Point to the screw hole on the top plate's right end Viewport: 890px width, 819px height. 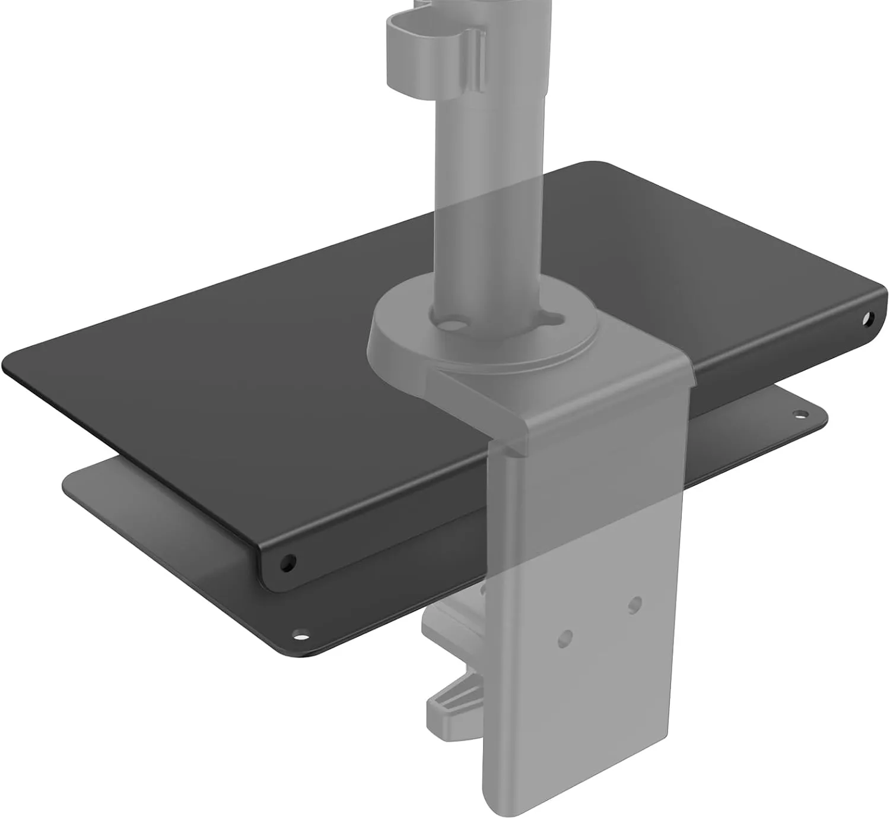tap(870, 318)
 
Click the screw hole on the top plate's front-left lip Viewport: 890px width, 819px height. tap(288, 561)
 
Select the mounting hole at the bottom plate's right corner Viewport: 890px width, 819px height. tap(800, 413)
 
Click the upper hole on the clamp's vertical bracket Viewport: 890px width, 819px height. tap(635, 604)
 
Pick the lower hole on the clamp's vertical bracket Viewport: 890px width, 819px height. tap(564, 638)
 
